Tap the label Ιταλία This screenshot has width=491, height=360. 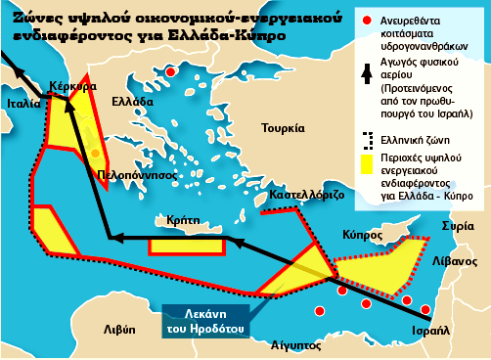click(x=22, y=102)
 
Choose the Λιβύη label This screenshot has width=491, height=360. click(x=119, y=330)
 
